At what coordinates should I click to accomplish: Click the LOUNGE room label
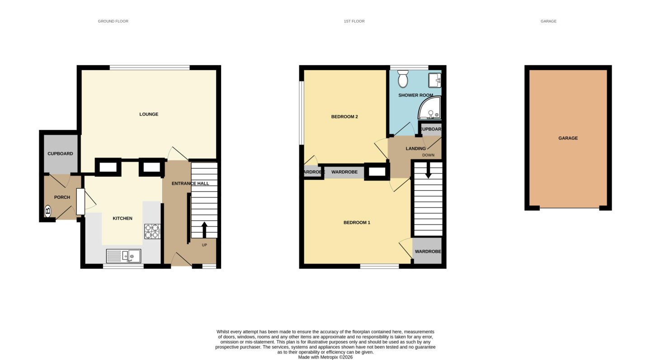coord(149,115)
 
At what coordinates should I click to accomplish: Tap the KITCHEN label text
coord(123,218)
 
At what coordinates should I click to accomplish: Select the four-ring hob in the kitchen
coord(152,231)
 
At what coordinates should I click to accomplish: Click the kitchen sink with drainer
coord(123,256)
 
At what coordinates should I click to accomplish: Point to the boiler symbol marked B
coord(48,211)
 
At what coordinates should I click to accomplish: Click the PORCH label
coord(62,197)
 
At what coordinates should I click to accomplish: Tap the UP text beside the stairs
coord(204,245)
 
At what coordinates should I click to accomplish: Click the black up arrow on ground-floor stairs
coord(204,230)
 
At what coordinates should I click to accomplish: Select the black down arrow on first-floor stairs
coord(428,170)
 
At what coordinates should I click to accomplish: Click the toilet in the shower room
coord(403,79)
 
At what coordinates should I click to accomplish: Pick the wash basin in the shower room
coord(434,80)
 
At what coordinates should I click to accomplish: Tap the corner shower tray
coord(429,108)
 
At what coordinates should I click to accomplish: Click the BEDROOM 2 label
coord(344,117)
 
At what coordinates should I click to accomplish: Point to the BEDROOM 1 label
coord(357,223)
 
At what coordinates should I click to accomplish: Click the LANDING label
coord(415,149)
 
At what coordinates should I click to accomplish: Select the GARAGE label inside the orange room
coord(568,138)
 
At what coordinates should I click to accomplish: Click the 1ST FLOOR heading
coord(354,21)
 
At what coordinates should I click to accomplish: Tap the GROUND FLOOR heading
coord(113,21)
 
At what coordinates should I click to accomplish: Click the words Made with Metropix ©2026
coord(325,357)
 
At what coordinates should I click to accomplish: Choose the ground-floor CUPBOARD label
coord(60,154)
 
